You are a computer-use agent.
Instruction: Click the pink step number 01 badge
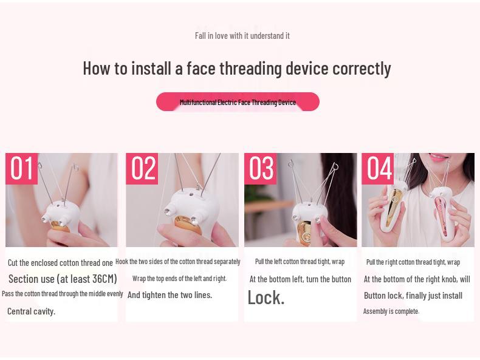point(21,169)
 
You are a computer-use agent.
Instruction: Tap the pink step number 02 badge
point(142,169)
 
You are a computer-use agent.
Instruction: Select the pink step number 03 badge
point(260,169)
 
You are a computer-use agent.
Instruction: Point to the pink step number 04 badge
point(377,169)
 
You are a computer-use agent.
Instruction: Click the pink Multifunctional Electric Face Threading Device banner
point(238,101)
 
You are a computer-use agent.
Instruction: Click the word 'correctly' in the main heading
point(362,69)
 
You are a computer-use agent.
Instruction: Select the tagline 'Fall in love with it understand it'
point(242,36)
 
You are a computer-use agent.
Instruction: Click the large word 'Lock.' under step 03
point(266,297)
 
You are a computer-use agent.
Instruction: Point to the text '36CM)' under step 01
point(105,279)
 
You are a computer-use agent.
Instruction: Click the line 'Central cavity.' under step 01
point(31,311)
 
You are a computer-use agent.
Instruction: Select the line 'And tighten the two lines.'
point(170,295)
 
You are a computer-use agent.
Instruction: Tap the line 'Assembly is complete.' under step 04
point(391,311)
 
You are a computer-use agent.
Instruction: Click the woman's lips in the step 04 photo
point(439,157)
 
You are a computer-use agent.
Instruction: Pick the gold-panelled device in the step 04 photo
point(393,205)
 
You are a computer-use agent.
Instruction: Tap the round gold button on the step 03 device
point(307,236)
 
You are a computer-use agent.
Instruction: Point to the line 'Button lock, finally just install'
point(413,296)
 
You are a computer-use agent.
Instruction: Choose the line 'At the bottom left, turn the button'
point(300,279)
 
